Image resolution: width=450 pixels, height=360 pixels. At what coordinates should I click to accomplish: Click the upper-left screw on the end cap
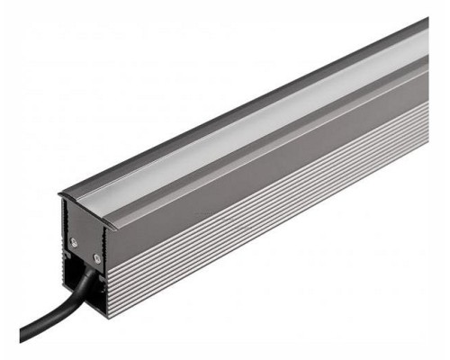click(x=74, y=240)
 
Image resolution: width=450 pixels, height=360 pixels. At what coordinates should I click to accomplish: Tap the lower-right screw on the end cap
click(x=96, y=258)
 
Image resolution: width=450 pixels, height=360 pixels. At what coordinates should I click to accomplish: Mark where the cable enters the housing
click(x=91, y=275)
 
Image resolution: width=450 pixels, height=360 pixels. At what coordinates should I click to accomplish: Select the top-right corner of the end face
click(x=107, y=225)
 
